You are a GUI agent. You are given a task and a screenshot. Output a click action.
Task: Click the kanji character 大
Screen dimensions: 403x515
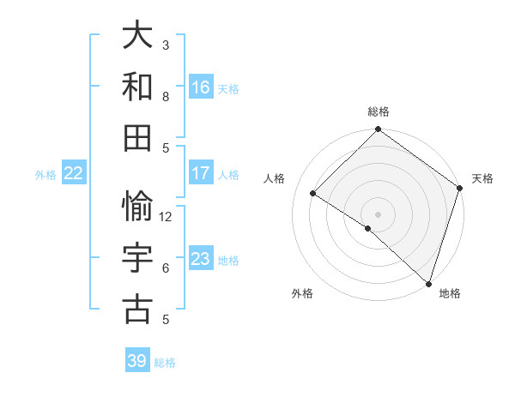tap(137, 35)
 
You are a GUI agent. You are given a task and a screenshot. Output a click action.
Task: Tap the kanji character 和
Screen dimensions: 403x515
tap(137, 87)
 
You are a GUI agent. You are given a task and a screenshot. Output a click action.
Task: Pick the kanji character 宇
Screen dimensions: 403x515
tap(137, 259)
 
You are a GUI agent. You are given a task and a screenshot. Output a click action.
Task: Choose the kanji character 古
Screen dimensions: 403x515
tap(137, 310)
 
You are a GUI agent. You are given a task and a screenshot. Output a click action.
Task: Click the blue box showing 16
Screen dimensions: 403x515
tap(201, 87)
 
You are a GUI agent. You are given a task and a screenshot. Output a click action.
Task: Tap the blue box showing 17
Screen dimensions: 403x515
tap(201, 173)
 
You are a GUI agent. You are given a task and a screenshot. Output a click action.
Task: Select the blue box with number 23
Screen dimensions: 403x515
tap(201, 259)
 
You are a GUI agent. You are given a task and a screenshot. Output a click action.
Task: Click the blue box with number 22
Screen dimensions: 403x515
tap(73, 173)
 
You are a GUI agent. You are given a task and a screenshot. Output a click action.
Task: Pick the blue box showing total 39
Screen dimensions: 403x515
tap(137, 361)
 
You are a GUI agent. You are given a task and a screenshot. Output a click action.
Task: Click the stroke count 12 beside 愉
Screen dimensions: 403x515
tap(167, 217)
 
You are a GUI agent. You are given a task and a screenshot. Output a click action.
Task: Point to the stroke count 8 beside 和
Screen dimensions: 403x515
tap(167, 97)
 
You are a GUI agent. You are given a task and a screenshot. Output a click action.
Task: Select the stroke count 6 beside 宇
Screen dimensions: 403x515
tap(167, 268)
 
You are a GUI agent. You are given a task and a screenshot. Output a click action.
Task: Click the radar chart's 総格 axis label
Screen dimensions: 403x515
tap(379, 111)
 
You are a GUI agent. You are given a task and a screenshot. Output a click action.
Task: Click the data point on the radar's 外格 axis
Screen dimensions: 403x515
tap(368, 228)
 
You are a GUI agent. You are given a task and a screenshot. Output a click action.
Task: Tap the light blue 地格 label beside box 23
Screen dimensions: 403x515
tap(228, 260)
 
